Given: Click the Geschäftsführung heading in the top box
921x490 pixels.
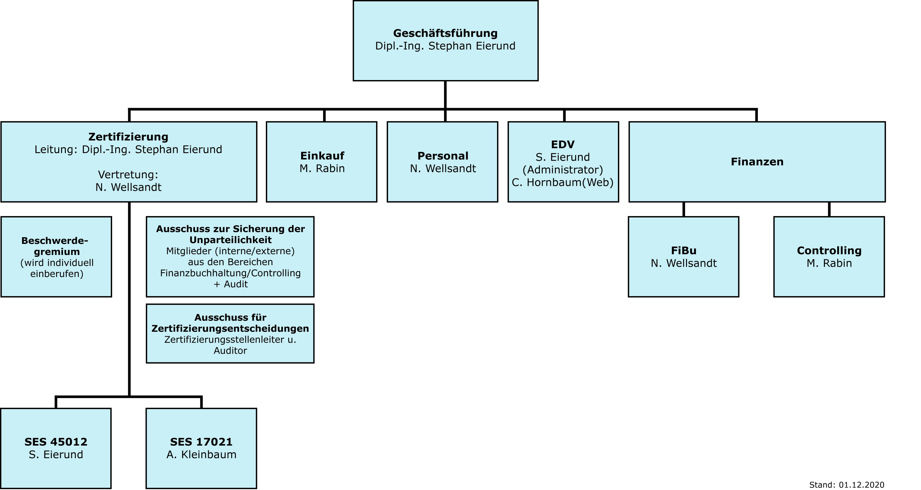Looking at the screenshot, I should pos(445,33).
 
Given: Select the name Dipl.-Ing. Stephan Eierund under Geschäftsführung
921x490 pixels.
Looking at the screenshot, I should pos(445,46).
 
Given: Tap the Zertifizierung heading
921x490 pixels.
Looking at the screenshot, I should pos(128,137).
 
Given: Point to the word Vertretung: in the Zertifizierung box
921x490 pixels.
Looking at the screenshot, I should pos(128,175).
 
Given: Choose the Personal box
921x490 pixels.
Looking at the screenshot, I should pos(443,162).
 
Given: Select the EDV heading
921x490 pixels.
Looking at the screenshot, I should pos(563,145).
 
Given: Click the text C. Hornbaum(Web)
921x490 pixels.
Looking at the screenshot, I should pos(563,182).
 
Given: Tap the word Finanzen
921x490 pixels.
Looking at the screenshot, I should pos(757,162).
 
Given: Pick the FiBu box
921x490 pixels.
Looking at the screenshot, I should pos(684,257).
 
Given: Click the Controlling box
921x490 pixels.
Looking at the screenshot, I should pos(829,257).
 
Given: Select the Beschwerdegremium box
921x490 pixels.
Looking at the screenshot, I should pos(56,257).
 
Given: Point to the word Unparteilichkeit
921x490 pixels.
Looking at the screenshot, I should pos(231,240).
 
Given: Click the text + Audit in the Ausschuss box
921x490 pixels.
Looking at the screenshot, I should pos(231,284).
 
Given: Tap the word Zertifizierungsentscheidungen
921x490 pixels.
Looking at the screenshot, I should pos(231,328).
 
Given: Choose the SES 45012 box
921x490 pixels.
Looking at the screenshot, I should pos(56,448).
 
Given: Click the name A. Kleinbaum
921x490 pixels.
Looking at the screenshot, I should pos(201,455).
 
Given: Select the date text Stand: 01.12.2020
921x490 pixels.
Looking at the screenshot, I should pos(847,485).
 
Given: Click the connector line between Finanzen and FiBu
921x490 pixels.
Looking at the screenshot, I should pos(684,209).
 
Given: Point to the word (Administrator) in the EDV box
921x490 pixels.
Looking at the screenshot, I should pos(563,170).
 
